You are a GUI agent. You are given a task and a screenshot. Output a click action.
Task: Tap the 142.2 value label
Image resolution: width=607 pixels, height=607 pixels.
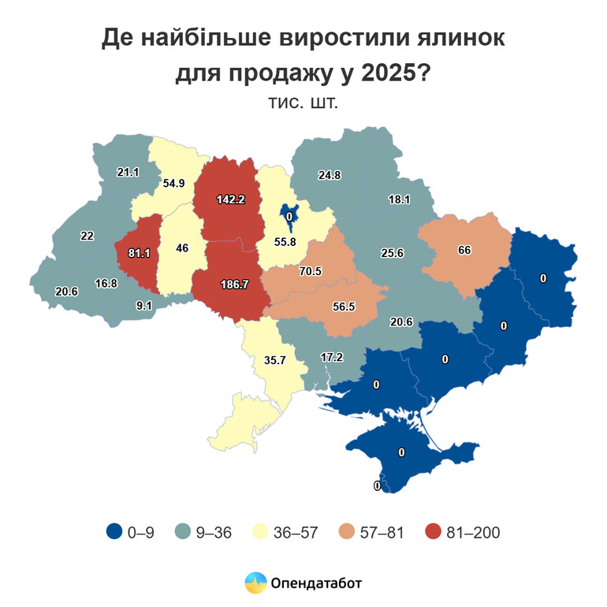[230, 199]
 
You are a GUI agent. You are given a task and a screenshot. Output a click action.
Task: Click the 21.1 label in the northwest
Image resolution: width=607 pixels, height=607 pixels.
[128, 172]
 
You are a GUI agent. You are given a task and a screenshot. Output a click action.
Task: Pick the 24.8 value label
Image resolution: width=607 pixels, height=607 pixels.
[329, 175]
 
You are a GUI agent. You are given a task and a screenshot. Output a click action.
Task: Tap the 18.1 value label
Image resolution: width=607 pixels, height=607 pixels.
[399, 199]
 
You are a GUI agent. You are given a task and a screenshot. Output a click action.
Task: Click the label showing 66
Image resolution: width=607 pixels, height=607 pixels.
[464, 250]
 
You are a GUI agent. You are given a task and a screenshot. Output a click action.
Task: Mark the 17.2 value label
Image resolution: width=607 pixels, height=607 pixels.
[332, 357]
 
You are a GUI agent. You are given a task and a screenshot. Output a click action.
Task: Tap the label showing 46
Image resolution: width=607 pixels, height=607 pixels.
[181, 248]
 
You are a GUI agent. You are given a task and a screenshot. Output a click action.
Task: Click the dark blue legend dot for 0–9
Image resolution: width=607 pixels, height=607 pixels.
[114, 533]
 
